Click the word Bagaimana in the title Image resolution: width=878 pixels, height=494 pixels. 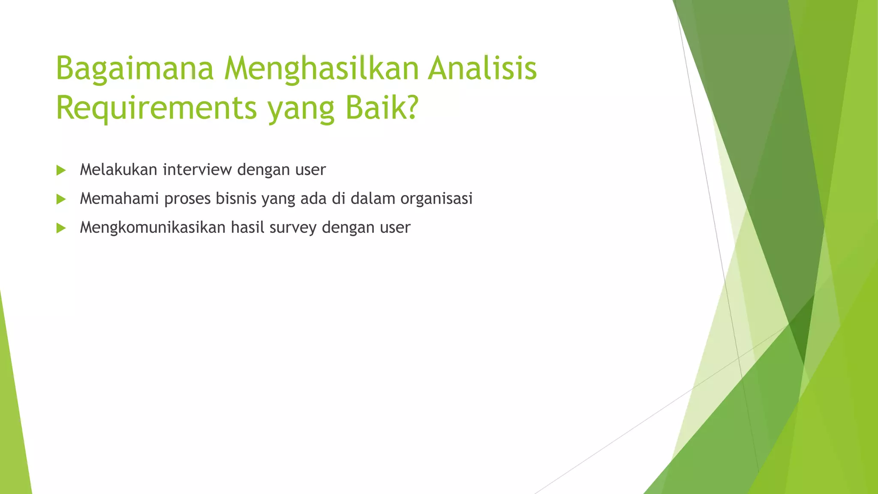[135, 69]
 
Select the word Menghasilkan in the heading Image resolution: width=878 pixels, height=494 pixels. [321, 69]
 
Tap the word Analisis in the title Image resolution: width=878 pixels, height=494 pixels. [482, 69]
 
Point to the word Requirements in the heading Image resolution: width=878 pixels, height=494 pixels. [156, 108]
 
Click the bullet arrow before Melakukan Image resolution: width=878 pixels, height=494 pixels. [61, 170]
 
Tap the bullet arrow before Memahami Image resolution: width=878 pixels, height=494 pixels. [61, 199]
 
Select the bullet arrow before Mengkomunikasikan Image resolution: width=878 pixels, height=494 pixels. [61, 228]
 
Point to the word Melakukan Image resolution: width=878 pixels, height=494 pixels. [119, 170]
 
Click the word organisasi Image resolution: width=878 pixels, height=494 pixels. [436, 199]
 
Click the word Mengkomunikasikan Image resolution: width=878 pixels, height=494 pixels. [153, 227]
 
